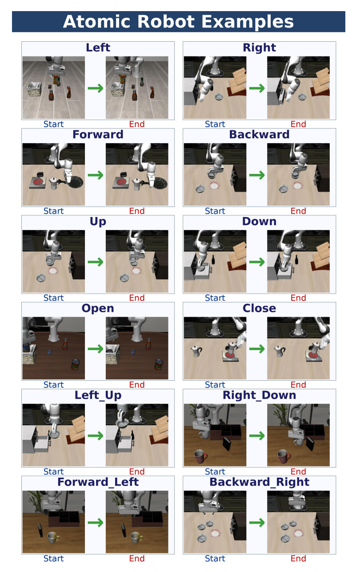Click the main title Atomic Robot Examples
click(178, 21)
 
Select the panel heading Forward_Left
click(98, 482)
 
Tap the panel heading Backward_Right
click(259, 482)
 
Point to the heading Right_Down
click(259, 395)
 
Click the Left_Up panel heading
click(98, 395)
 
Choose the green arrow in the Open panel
click(96, 349)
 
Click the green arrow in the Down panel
click(257, 262)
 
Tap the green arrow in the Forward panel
click(96, 175)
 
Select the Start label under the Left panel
click(53, 124)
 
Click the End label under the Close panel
click(298, 385)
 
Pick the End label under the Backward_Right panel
click(298, 559)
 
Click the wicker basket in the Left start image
click(34, 89)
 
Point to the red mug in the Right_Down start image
click(200, 456)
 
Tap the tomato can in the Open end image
click(159, 364)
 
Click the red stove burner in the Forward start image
click(38, 182)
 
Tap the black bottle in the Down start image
click(213, 259)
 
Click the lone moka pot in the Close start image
click(196, 351)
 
